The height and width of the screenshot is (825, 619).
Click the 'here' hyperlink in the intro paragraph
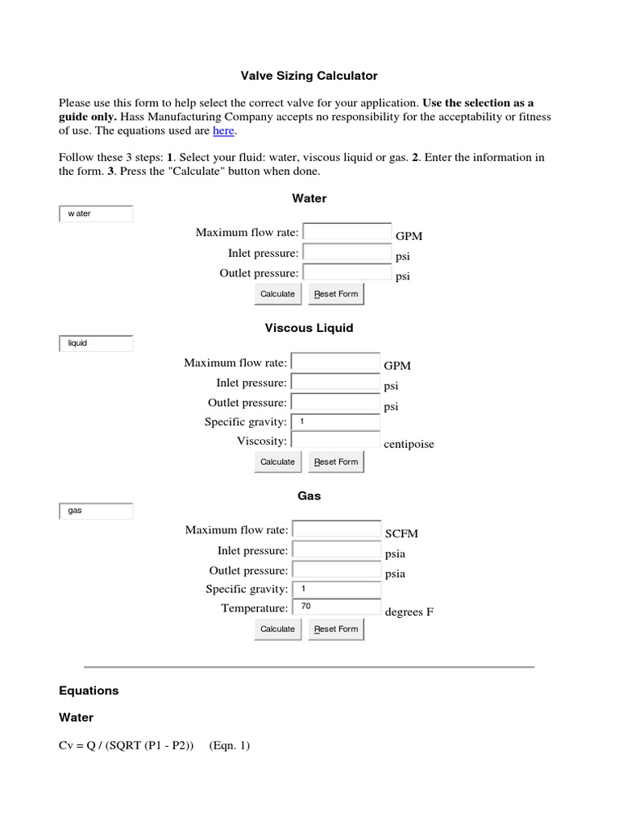coord(223,131)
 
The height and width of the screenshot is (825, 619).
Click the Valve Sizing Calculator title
coord(309,76)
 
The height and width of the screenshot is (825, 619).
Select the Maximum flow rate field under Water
coord(347,232)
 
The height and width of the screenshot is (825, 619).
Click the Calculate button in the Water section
coord(277,294)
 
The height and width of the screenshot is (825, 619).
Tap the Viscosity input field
coord(334,441)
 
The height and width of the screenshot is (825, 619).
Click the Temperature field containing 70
coord(336,608)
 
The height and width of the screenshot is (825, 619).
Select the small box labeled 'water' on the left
coord(95,214)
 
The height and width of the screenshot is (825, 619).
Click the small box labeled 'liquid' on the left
coord(95,343)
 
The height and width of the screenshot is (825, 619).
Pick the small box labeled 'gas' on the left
coord(95,511)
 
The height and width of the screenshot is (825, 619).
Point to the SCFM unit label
coord(401,533)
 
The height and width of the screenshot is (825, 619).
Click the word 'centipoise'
coord(409,444)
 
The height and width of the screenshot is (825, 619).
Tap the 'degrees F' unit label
coord(409,611)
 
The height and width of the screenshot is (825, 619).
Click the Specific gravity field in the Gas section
coord(336,589)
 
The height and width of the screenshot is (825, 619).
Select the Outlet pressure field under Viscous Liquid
coord(334,402)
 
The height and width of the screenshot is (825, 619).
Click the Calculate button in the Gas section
coord(277,629)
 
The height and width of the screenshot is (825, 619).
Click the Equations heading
coord(89,690)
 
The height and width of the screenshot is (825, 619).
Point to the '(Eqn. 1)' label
coord(230,746)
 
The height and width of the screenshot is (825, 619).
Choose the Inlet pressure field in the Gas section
coord(336,550)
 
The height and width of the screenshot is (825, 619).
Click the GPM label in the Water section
coord(409,236)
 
